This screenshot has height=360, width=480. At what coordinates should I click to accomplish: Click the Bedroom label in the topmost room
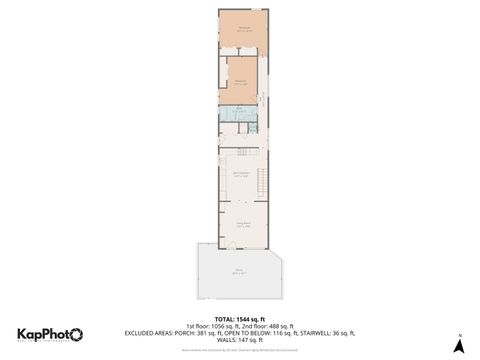coord(244,30)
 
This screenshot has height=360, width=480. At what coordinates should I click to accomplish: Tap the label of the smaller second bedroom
coord(240,83)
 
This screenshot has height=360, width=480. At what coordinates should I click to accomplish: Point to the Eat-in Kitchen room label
coord(241,175)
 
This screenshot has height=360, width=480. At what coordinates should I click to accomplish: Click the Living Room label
coord(243,224)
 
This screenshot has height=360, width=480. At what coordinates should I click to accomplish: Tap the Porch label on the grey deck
coord(239,271)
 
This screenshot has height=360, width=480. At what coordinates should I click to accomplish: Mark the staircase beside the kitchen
coord(263,183)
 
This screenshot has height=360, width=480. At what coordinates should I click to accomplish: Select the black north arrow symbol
coord(458,346)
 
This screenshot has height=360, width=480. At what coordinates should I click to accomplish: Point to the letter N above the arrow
coord(458,333)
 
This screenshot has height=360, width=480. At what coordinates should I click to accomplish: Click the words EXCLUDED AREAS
coord(149,332)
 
